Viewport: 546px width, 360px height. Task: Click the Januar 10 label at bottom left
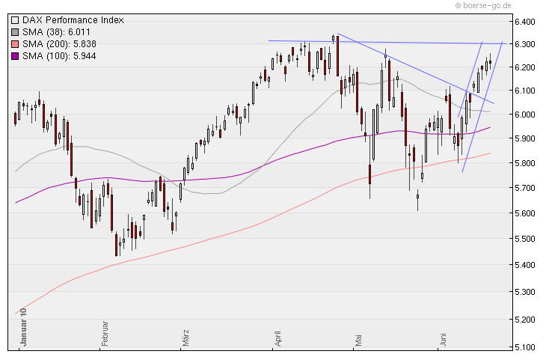tap(23, 327)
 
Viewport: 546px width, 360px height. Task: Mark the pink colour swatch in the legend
tap(15, 43)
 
